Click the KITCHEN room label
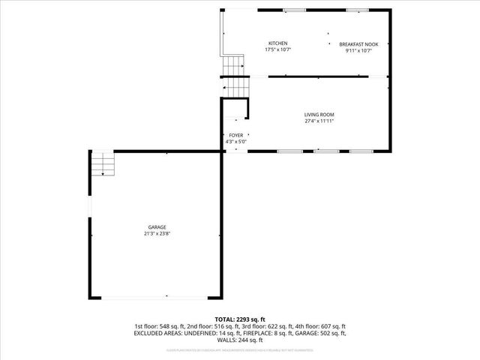(278, 43)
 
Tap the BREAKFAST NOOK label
(358, 44)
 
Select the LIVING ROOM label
(319, 114)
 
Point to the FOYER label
(236, 136)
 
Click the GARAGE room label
(157, 227)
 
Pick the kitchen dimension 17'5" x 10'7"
(278, 50)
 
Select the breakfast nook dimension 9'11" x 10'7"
(358, 51)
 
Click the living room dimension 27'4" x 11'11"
(319, 121)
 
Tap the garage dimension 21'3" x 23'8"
(157, 234)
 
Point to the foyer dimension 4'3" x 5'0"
(236, 142)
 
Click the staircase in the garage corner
(102, 163)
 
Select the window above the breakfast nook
(357, 10)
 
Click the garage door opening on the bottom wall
(156, 298)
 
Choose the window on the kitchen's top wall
(293, 10)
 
